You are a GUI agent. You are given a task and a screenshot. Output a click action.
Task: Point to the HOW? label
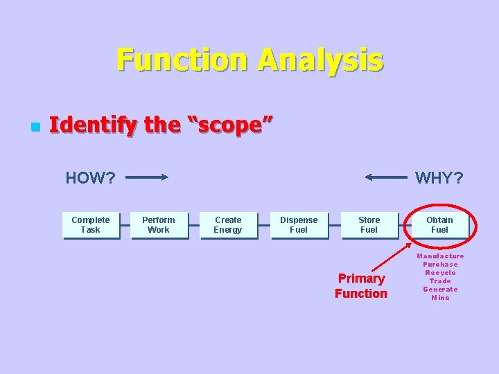coord(90,178)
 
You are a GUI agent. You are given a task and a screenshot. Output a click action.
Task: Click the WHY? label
coord(439,178)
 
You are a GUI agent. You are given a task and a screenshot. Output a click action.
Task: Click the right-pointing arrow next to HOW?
coord(147,177)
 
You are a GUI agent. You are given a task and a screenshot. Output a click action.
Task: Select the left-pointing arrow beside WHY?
coord(386,177)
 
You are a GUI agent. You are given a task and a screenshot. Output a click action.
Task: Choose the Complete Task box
coord(91,225)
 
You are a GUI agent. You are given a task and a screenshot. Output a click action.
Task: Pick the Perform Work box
coord(159,225)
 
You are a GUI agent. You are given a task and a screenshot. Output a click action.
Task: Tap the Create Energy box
coord(228,225)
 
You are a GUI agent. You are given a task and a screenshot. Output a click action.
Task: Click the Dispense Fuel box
coord(299,225)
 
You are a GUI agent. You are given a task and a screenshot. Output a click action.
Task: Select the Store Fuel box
coord(369,225)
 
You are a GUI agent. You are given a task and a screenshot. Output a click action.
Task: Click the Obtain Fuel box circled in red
coord(440,225)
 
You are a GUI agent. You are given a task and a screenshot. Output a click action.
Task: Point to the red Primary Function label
coord(361,286)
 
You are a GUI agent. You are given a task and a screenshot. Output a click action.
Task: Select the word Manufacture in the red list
coord(440,256)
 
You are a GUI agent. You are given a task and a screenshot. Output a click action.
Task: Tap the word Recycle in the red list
coord(440,273)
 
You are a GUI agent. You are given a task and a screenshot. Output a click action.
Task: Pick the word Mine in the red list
coord(440,298)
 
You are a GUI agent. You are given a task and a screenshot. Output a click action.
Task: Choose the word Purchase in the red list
coord(440,265)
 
